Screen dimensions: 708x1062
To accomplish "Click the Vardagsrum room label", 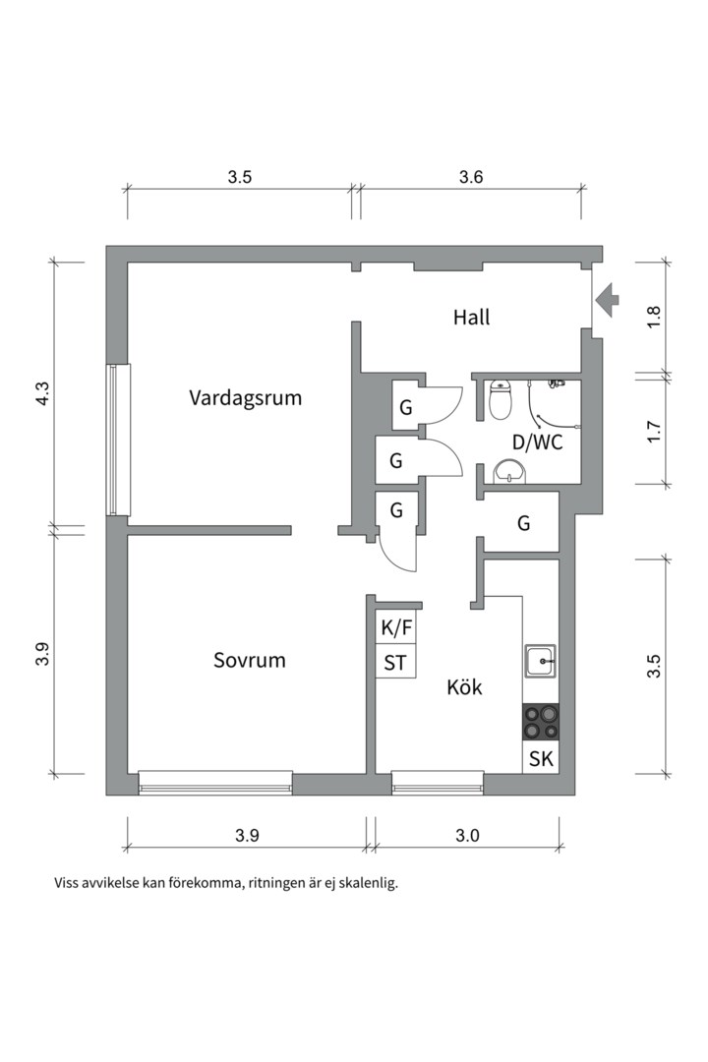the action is click(x=245, y=397).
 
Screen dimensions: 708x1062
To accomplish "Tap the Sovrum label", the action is click(x=250, y=660).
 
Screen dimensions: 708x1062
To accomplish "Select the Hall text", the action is click(x=472, y=317).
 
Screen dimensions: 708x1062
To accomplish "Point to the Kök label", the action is click(x=465, y=686).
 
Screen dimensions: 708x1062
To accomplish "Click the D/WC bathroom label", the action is click(x=537, y=442).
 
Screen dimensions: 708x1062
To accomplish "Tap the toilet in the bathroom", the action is click(x=500, y=399).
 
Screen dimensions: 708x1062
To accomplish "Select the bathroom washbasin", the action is click(x=510, y=471).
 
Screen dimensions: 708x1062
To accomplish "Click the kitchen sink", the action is click(x=540, y=661).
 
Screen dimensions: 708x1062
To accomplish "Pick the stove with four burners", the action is click(x=541, y=722).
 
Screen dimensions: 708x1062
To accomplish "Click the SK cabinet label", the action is click(x=541, y=759).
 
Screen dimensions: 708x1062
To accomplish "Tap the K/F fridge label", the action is click(x=396, y=628).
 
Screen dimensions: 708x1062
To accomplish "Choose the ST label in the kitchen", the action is click(x=395, y=663).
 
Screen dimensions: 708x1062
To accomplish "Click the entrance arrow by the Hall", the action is click(x=607, y=300).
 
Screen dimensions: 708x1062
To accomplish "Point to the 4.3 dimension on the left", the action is click(x=42, y=393).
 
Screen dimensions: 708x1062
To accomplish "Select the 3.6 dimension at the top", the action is click(x=471, y=177).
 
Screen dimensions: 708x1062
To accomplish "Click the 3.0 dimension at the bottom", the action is click(x=467, y=836).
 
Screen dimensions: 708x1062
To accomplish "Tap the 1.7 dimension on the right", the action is click(x=653, y=432).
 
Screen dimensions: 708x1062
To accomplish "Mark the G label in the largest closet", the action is click(x=524, y=523).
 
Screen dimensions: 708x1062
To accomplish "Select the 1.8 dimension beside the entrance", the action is click(x=653, y=318).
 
